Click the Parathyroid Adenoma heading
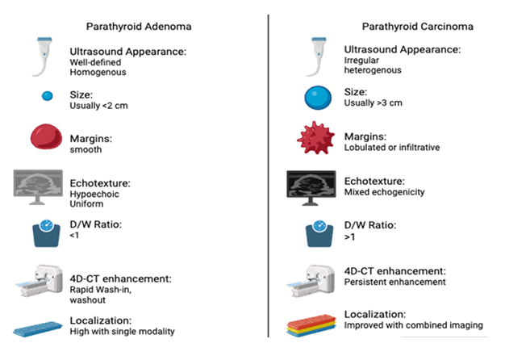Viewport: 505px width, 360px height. [x=139, y=27]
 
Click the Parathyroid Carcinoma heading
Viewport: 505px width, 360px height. [x=418, y=27]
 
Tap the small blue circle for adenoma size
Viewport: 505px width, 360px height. [x=48, y=96]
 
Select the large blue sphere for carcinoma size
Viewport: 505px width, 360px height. [x=318, y=98]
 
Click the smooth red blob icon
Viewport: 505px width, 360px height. [x=46, y=136]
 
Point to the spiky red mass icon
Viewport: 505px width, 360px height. [x=316, y=138]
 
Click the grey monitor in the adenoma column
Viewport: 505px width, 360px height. [x=38, y=187]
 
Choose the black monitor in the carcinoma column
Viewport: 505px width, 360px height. [x=311, y=188]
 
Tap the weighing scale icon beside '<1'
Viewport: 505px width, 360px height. [x=46, y=233]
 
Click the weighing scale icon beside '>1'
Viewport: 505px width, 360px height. [x=319, y=233]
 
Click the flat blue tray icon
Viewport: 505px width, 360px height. [x=38, y=329]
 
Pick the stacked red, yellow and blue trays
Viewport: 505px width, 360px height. [x=311, y=325]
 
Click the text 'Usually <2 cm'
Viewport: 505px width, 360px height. [x=99, y=106]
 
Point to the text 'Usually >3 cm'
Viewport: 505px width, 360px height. [x=374, y=103]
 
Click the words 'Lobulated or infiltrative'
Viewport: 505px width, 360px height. [x=392, y=148]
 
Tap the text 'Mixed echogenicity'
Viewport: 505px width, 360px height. [x=385, y=192]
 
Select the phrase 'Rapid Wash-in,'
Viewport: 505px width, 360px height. [x=101, y=290]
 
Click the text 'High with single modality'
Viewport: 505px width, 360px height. [x=123, y=331]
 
